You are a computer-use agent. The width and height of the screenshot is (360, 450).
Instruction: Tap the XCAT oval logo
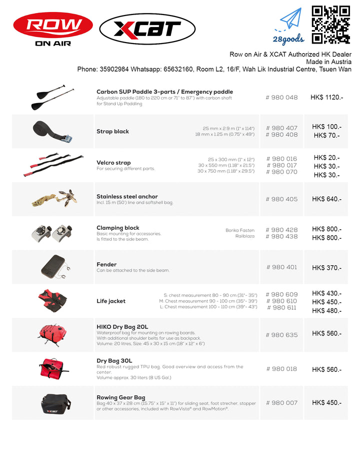(146, 29)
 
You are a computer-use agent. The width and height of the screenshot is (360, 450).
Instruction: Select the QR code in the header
(330, 25)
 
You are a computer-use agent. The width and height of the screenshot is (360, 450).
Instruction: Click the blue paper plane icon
(291, 20)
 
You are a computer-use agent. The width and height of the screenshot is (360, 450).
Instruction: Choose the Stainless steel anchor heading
(127, 197)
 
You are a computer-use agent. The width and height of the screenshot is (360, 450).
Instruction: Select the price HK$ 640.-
(326, 199)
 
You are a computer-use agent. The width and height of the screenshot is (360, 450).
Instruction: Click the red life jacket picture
(52, 300)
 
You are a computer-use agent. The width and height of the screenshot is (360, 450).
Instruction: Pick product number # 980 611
(282, 308)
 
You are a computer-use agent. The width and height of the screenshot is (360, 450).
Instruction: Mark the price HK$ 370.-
(326, 268)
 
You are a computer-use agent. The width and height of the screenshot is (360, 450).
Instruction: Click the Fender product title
(106, 264)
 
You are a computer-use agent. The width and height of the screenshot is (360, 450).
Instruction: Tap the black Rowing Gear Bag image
(52, 402)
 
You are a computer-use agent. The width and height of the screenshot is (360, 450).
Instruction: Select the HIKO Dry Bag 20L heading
(122, 327)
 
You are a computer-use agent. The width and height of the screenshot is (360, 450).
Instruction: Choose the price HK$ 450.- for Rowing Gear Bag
(326, 403)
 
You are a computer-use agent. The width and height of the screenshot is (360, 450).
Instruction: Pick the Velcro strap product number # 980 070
(282, 172)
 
